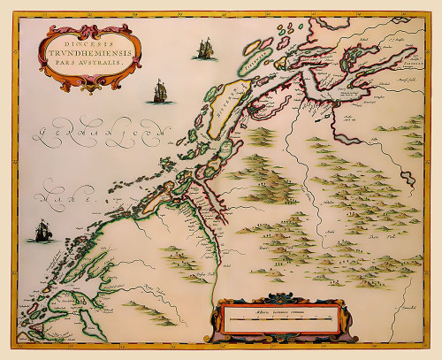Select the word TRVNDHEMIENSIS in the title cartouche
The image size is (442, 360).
[86, 51]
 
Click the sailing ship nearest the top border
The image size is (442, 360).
[204, 48]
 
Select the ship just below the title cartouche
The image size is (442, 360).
[159, 90]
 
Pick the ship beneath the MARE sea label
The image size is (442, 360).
[41, 232]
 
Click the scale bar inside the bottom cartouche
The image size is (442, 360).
[278, 317]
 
